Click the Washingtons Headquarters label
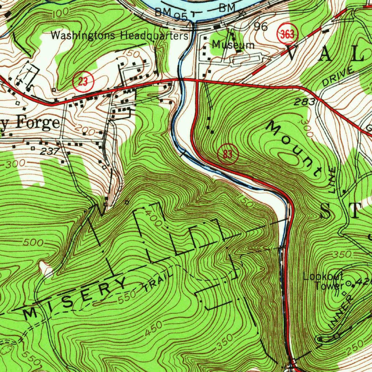click(120, 36)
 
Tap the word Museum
click(233, 45)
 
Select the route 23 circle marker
click(84, 82)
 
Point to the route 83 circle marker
click(227, 154)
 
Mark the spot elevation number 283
click(304, 102)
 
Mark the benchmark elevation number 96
click(260, 27)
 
